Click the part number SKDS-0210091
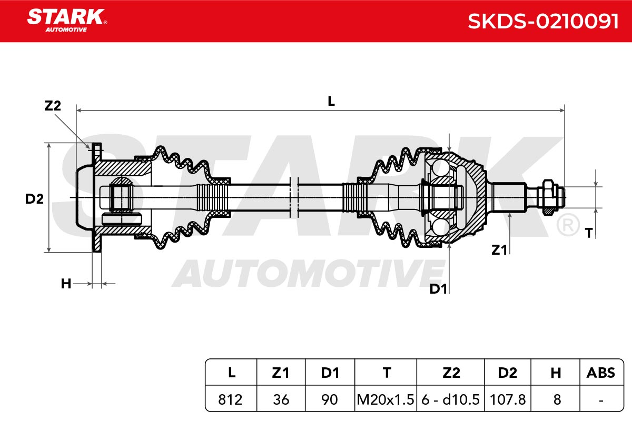543,22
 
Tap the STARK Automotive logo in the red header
67,20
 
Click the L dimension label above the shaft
331,101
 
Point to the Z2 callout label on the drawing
53,106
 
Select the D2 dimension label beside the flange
34,199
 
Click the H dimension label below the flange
66,284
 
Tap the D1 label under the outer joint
438,289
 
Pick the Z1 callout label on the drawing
499,250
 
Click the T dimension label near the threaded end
589,233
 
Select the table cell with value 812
230,399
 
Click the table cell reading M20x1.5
386,399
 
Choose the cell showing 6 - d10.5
451,399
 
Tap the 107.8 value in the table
508,399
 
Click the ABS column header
601,373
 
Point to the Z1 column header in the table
281,373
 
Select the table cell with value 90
330,399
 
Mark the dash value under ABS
601,400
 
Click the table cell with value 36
281,399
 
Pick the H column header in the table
556,373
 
